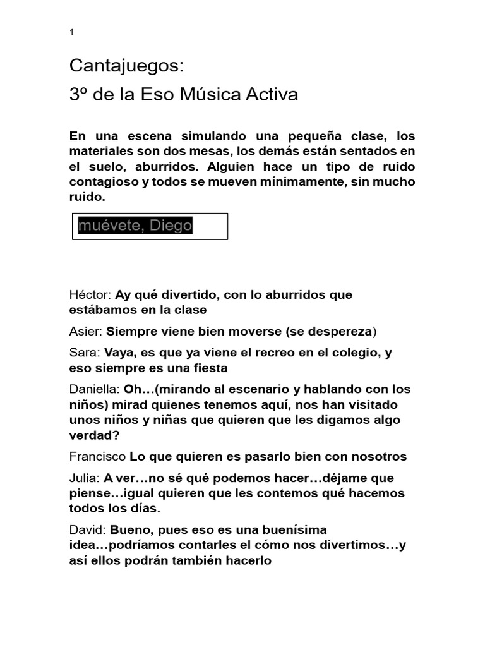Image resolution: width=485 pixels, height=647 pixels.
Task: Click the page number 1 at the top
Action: (72, 33)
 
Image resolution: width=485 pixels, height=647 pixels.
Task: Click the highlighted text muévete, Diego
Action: (135, 226)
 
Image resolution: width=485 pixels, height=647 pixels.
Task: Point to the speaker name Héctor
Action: (90, 295)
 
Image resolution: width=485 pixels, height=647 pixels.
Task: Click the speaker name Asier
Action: (85, 331)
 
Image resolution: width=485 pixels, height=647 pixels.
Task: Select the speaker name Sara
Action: (84, 353)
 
